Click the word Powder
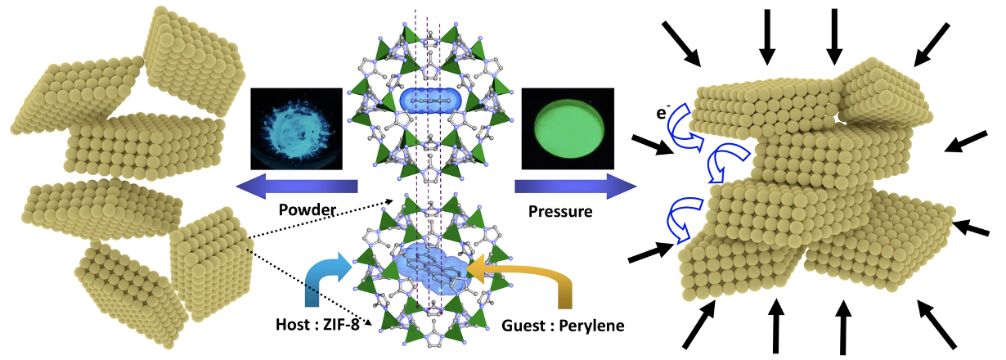(308, 210)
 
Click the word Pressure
(560, 211)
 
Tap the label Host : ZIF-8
(317, 325)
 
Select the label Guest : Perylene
(563, 326)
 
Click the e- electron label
(662, 112)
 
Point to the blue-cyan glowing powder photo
(296, 128)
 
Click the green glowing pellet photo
(568, 128)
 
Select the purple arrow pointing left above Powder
(296, 186)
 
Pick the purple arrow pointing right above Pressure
(575, 186)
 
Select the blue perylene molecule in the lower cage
(433, 268)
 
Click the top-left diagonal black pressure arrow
(681, 44)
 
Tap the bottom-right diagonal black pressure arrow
(936, 325)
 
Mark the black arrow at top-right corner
(932, 44)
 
